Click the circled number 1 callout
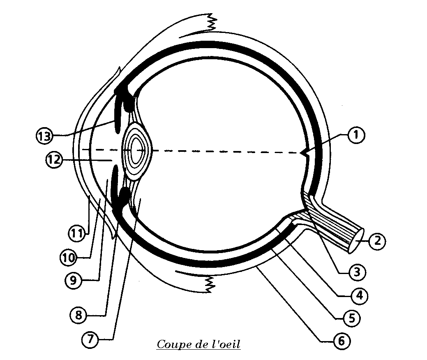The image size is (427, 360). pyautogui.click(x=356, y=135)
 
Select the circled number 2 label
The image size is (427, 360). pyautogui.click(x=376, y=241)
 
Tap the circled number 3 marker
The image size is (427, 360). pyautogui.click(x=356, y=272)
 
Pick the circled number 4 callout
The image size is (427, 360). pyautogui.click(x=359, y=295)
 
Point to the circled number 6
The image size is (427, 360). pyautogui.click(x=341, y=341)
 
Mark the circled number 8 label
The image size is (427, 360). pyautogui.click(x=78, y=316)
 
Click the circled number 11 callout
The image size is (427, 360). pyautogui.click(x=76, y=234)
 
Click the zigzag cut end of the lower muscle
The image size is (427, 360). pyautogui.click(x=210, y=284)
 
